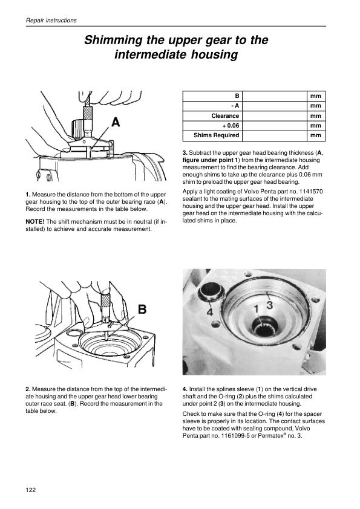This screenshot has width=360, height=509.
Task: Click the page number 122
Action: (30, 490)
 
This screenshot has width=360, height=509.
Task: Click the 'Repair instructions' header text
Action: (51, 20)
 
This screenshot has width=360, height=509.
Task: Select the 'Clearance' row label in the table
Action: (225, 116)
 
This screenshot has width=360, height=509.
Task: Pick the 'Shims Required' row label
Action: (216, 135)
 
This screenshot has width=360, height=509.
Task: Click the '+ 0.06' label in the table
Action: (231, 126)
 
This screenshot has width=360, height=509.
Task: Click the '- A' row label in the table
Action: (235, 106)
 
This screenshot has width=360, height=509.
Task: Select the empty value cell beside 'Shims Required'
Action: (275, 135)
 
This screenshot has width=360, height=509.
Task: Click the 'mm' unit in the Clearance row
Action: (315, 116)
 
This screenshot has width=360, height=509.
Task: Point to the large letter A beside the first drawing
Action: (116, 122)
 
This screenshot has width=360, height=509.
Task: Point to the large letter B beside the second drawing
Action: (142, 310)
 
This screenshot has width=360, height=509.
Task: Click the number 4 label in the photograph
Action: (210, 313)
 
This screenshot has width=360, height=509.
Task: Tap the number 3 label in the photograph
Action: (269, 305)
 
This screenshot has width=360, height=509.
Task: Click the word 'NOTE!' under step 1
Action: (34, 222)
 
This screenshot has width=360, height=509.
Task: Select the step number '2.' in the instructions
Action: (28, 389)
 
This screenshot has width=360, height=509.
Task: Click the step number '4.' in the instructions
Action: (185, 389)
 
